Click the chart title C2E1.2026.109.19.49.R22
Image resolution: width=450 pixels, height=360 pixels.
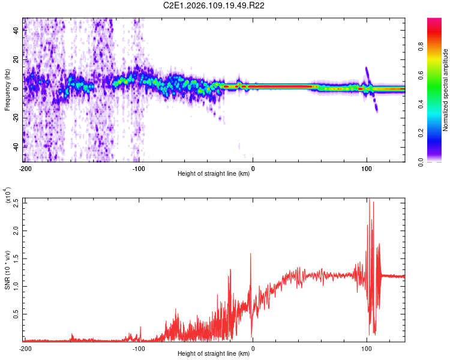coord(214,5)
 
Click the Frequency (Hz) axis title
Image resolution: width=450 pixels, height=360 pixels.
coord(7,90)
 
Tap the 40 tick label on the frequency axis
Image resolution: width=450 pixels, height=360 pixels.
coord(16,31)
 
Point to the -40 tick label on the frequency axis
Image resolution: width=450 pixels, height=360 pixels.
coord(15,147)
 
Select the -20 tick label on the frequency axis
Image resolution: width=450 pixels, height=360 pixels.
coord(15,118)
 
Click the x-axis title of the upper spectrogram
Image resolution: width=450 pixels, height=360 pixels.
coord(214,174)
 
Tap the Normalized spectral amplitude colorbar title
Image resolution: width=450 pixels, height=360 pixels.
coord(446,90)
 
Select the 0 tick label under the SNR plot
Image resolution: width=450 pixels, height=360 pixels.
coord(253,348)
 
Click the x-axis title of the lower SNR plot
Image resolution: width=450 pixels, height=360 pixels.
coord(214,354)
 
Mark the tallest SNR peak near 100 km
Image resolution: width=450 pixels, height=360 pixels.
coord(369,199)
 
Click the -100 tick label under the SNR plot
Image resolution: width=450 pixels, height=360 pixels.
coord(139,348)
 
